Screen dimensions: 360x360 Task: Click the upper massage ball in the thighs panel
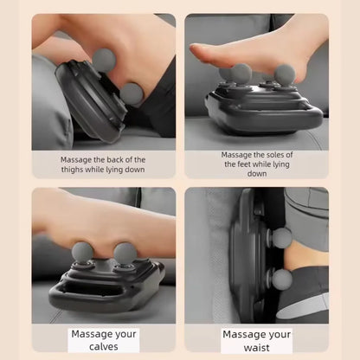click(x=104, y=60)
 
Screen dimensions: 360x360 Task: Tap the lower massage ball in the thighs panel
click(x=132, y=94)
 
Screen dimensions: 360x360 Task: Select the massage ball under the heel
click(x=285, y=75)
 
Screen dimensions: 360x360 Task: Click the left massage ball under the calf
click(x=82, y=254)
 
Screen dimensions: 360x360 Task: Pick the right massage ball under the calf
click(x=125, y=254)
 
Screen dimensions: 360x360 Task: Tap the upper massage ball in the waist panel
click(x=282, y=238)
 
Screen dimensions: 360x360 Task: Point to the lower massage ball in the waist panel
click(x=282, y=280)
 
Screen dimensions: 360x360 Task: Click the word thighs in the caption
click(x=72, y=170)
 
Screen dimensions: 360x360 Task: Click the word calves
click(x=104, y=346)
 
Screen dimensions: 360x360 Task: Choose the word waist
click(x=257, y=347)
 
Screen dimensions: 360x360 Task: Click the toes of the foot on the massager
click(x=198, y=51)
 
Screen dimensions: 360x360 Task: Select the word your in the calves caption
click(x=125, y=335)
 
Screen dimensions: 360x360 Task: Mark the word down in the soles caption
click(x=257, y=173)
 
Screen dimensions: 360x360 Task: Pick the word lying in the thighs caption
click(x=114, y=170)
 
